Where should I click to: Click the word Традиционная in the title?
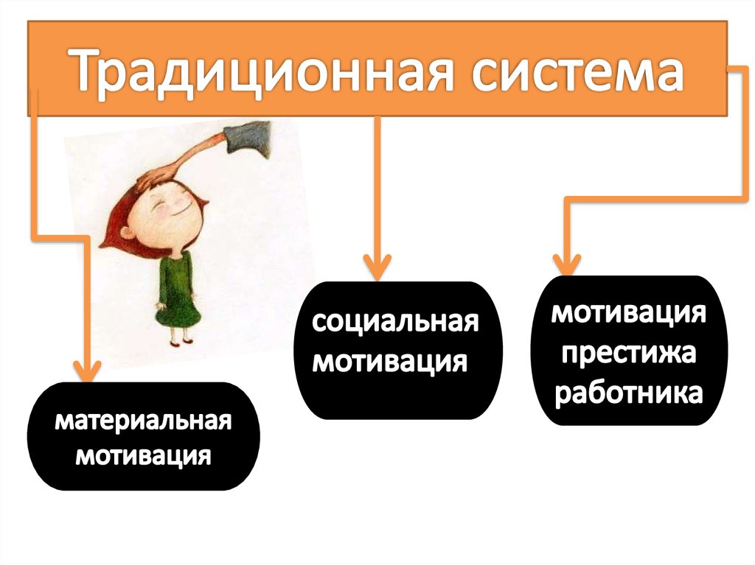coord(243,71)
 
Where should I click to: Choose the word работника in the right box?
coord(628,392)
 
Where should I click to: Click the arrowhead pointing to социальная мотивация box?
coord(377,265)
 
